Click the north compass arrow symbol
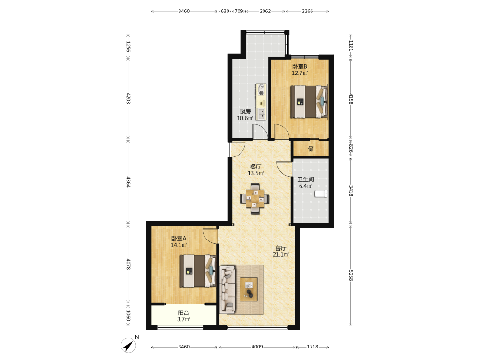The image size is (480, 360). (x=129, y=345)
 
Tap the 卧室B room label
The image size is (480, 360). (x=300, y=66)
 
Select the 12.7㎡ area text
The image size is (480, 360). (x=300, y=73)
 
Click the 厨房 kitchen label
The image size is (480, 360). (x=245, y=111)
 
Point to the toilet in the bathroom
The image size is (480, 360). (x=321, y=193)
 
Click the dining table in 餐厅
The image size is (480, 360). (x=255, y=198)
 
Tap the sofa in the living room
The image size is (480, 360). (x=228, y=289)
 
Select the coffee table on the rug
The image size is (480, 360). (x=249, y=289)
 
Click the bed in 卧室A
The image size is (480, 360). (x=198, y=271)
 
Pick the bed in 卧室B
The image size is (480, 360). (x=309, y=102)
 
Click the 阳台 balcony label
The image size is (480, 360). (x=183, y=313)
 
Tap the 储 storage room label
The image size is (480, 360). (x=311, y=149)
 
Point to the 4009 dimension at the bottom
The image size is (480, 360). (x=257, y=347)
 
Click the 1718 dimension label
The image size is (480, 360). (x=312, y=347)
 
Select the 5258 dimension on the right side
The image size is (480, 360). (x=351, y=276)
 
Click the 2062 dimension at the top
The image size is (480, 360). (x=265, y=11)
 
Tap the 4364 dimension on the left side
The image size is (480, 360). (x=129, y=182)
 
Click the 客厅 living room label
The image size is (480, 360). (x=280, y=248)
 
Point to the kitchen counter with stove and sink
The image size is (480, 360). (x=261, y=101)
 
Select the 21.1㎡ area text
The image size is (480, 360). (x=280, y=255)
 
